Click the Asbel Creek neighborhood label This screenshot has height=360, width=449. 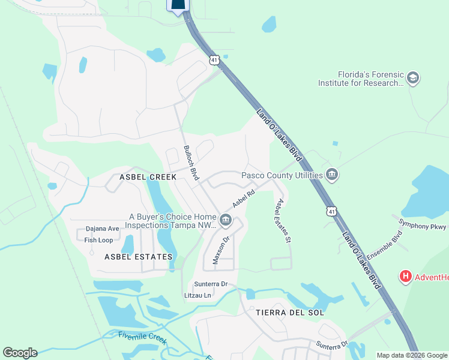point(148,177)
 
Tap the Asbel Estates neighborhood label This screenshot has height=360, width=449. point(138,257)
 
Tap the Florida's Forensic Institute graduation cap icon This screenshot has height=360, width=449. point(412,78)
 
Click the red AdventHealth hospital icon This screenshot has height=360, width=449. point(406,277)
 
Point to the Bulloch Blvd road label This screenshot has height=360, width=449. point(191,163)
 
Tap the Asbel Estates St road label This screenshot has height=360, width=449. point(283,220)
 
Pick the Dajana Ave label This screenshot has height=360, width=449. point(102,229)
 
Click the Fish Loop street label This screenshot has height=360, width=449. point(98,240)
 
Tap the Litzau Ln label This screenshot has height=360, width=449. point(197,295)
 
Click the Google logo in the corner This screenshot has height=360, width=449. point(20,353)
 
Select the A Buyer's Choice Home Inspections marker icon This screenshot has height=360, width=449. point(226,220)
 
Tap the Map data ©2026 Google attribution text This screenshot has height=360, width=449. point(412,355)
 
